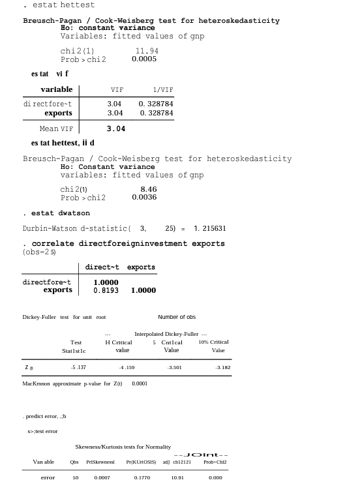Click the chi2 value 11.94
click(147, 51)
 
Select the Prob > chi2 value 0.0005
click(144, 59)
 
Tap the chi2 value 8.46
click(149, 189)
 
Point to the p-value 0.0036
click(144, 198)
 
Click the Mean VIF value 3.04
click(116, 128)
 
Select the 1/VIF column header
click(163, 90)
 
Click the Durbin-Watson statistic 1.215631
click(210, 229)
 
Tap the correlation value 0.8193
click(106, 290)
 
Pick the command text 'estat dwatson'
click(61, 213)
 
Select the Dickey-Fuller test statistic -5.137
click(78, 368)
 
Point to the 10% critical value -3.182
click(222, 368)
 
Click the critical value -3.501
click(174, 368)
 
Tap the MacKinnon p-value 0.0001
click(140, 383)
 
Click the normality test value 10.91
click(177, 477)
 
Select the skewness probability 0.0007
click(102, 477)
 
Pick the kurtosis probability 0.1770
click(142, 477)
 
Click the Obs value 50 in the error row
click(75, 477)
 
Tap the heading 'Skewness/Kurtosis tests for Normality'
click(123, 447)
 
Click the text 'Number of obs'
click(177, 317)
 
